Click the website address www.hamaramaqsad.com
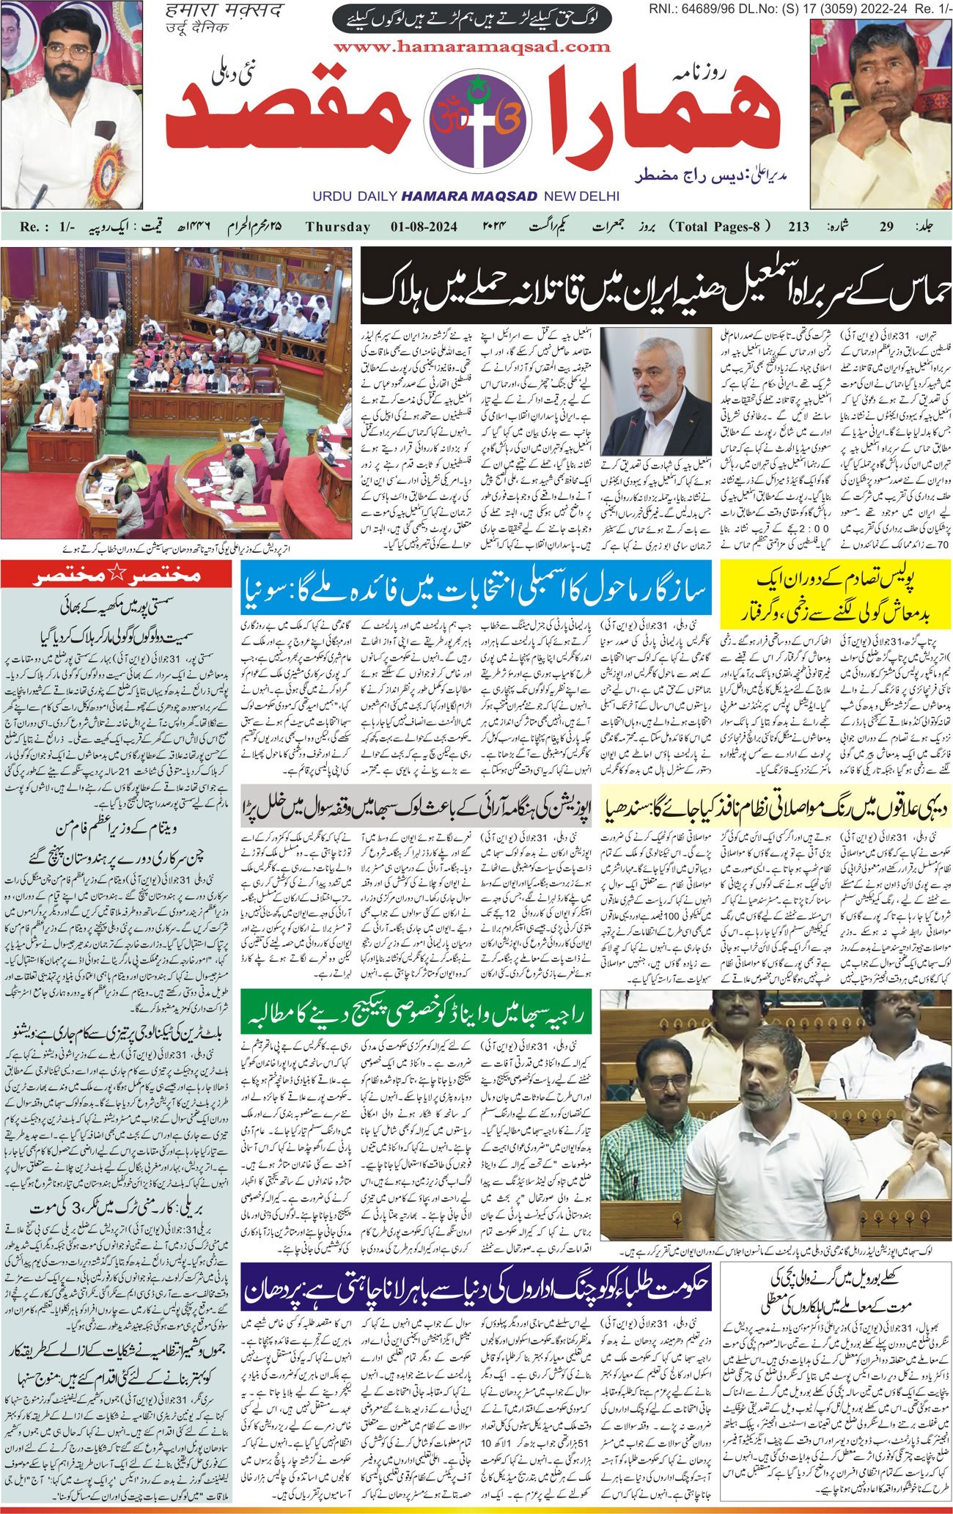[x=472, y=46]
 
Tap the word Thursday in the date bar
[x=338, y=227]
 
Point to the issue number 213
[x=798, y=227]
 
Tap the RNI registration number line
[x=800, y=8]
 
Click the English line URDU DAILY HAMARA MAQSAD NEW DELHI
[x=466, y=196]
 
